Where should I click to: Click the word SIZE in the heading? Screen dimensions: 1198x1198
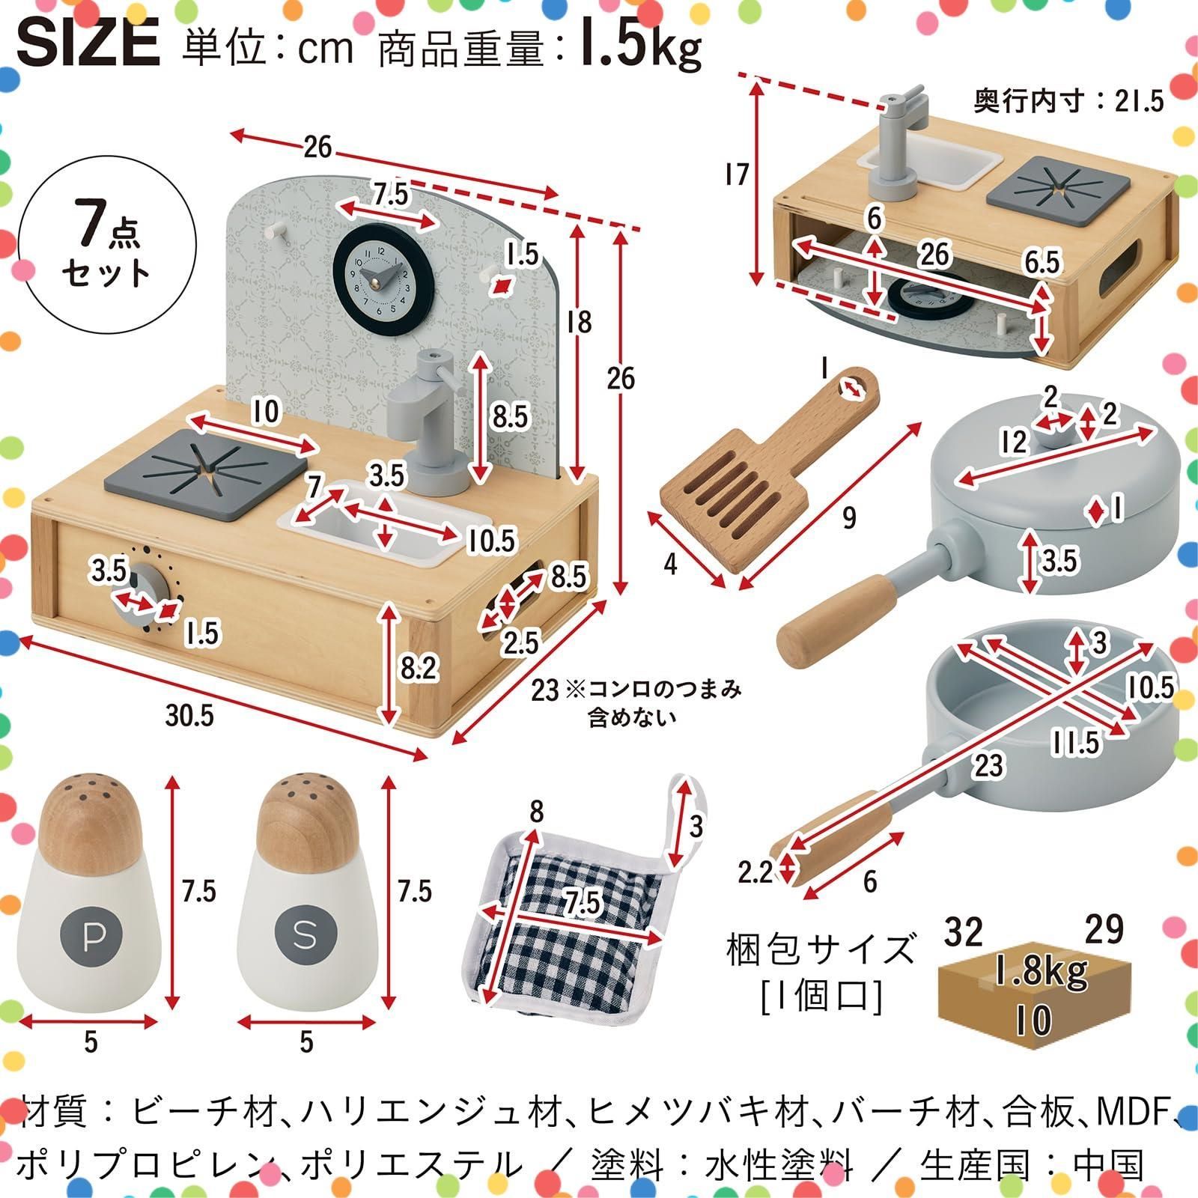pos(88,43)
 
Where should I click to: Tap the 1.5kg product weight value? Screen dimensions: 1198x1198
pos(640,46)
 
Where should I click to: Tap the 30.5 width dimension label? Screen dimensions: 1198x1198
pos(190,716)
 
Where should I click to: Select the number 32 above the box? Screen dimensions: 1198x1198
pos(963,931)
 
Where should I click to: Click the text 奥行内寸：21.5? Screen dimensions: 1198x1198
pos(1069,101)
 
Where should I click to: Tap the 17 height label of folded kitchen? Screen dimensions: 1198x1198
pos(737,175)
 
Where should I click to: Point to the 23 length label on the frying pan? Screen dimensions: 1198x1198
pos(988,765)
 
